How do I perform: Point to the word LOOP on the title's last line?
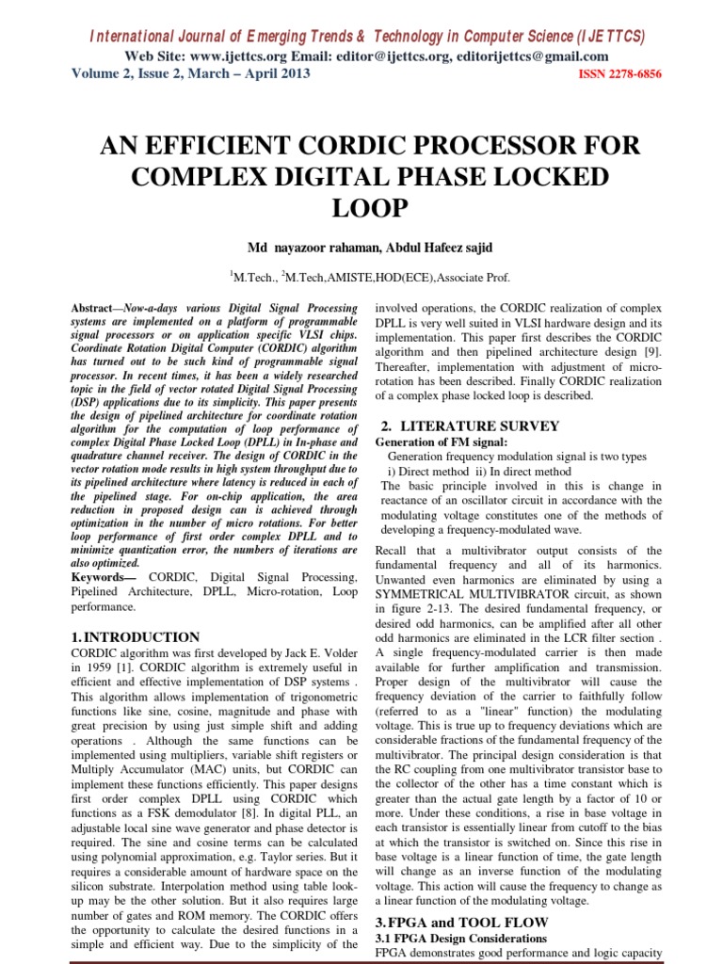361,208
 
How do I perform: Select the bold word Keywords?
103,576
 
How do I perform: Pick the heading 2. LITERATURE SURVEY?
467,426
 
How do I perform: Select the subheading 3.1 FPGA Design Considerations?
460,939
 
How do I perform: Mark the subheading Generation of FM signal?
441,442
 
